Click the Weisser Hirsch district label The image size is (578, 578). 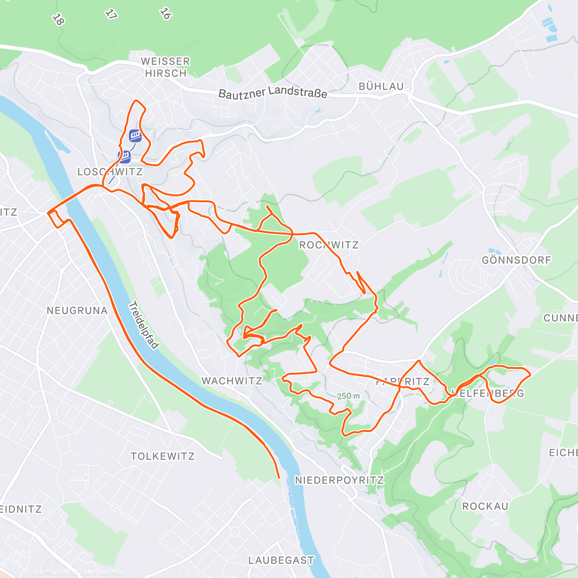[166, 67]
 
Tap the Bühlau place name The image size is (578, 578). [381, 87]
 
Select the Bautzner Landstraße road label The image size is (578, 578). [273, 92]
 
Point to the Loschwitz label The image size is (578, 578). [110, 172]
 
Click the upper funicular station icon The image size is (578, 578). [135, 135]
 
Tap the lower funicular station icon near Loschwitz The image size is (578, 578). [125, 157]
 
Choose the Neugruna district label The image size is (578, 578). [77, 311]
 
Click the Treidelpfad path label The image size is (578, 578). [143, 325]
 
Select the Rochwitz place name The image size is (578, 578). [329, 245]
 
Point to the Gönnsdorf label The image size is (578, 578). [516, 260]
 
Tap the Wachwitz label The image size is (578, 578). [232, 381]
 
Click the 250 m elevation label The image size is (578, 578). [348, 396]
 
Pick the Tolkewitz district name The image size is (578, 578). [163, 456]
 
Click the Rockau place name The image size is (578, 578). [485, 506]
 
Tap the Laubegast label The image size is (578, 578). [281, 560]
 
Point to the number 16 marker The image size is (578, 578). [165, 13]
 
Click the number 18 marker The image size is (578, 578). [58, 20]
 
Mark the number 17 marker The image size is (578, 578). [111, 14]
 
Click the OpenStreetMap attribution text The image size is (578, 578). [101, 572]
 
